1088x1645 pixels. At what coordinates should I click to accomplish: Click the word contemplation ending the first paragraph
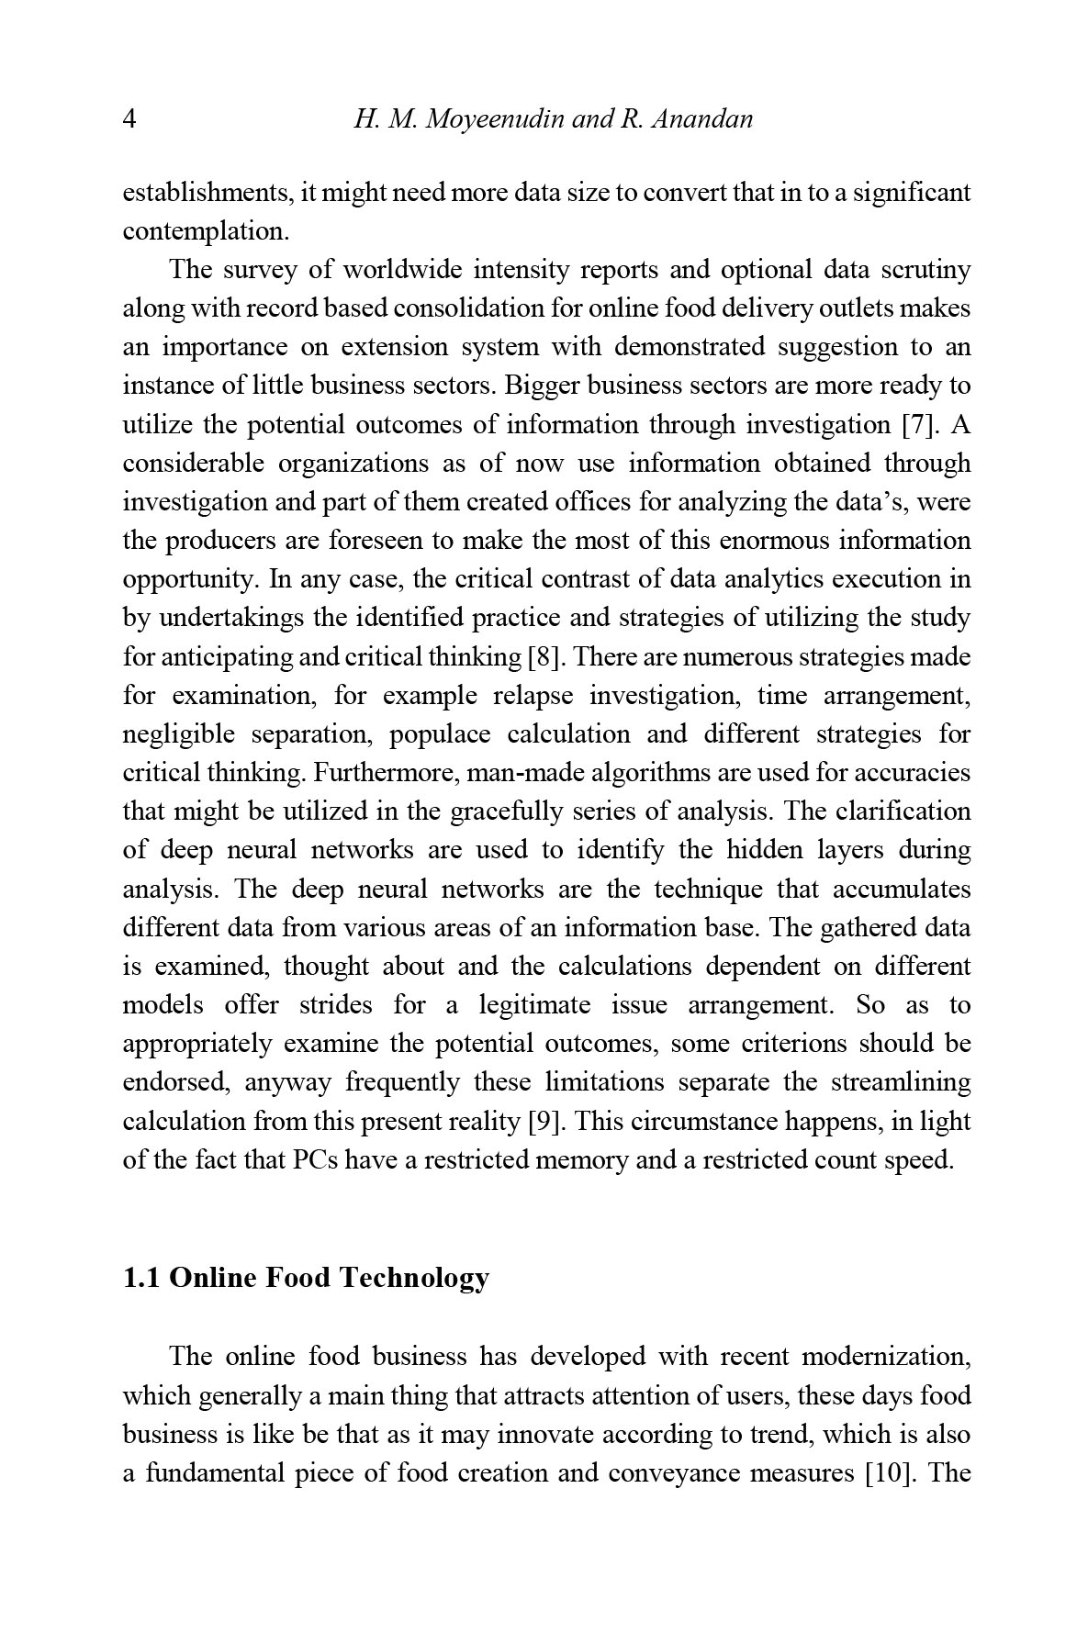pyautogui.click(x=206, y=231)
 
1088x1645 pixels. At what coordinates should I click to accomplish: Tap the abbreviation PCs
pyautogui.click(x=316, y=1160)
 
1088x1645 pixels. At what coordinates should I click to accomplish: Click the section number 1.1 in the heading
pyautogui.click(x=142, y=1278)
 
